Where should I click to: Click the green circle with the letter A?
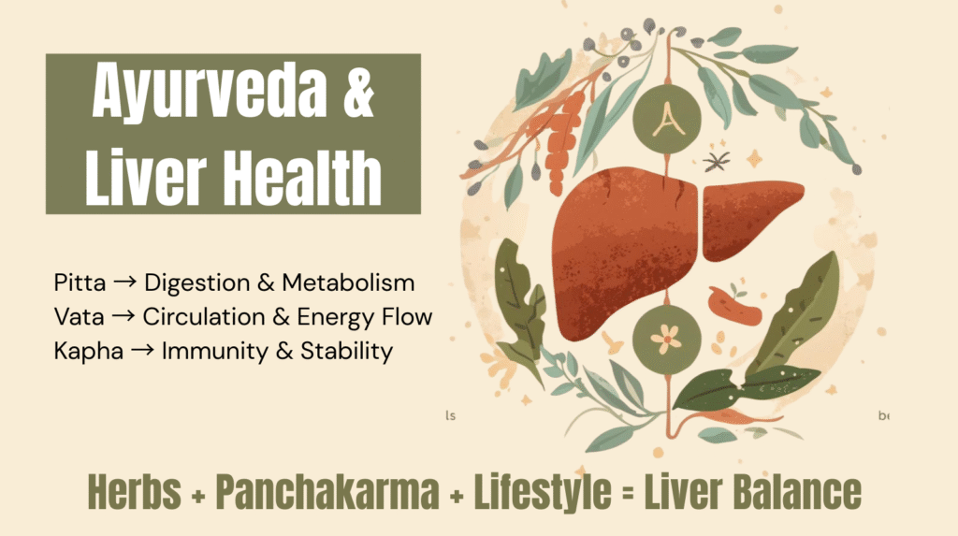(x=665, y=120)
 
